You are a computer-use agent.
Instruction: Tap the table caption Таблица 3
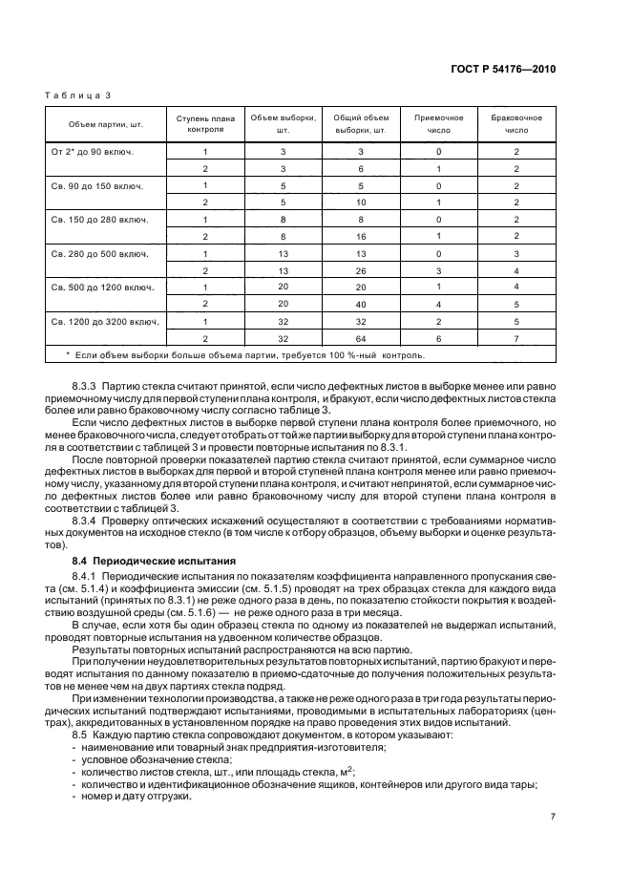click(79, 96)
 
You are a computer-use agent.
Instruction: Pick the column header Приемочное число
click(438, 124)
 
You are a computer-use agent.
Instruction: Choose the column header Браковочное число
click(515, 124)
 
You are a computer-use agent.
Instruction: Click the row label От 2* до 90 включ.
click(93, 151)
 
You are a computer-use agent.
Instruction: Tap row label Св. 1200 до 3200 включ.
click(104, 321)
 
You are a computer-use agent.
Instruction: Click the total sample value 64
click(360, 338)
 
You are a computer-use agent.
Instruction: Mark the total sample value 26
click(360, 270)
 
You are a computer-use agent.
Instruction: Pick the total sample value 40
click(360, 304)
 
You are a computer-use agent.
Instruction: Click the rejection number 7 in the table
click(515, 338)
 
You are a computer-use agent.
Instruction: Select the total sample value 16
click(360, 236)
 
